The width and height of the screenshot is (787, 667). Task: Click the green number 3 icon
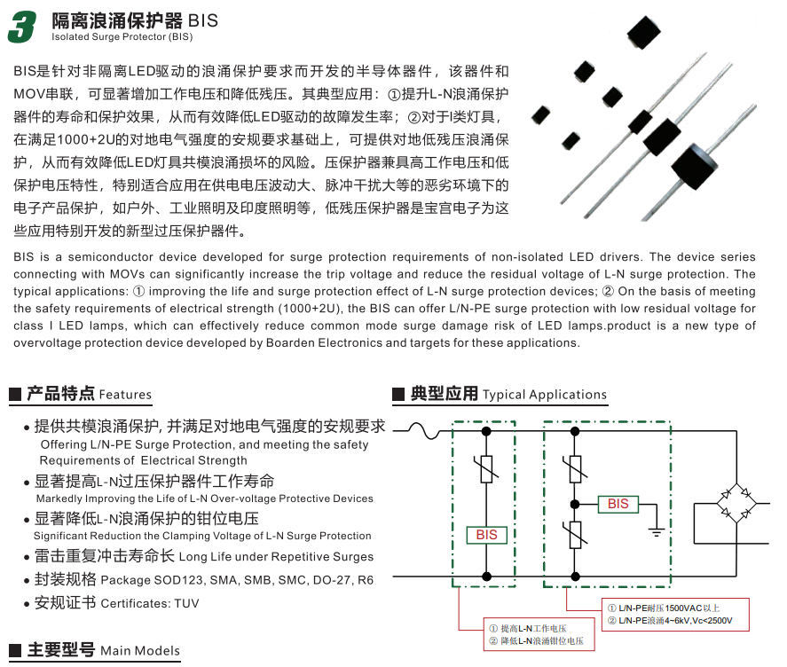point(22,27)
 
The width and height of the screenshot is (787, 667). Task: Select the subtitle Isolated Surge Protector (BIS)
point(122,37)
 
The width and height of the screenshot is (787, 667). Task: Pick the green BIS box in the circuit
point(486,534)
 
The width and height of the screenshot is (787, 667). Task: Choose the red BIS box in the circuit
point(618,504)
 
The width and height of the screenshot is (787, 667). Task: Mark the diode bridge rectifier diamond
point(735,501)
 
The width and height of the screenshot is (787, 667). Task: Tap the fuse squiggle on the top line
point(429,432)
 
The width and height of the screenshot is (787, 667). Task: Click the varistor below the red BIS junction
point(574,533)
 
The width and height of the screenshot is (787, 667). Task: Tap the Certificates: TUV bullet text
point(150,603)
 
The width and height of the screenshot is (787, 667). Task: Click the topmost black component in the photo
point(644,34)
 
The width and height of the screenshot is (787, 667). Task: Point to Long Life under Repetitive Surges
point(276,557)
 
